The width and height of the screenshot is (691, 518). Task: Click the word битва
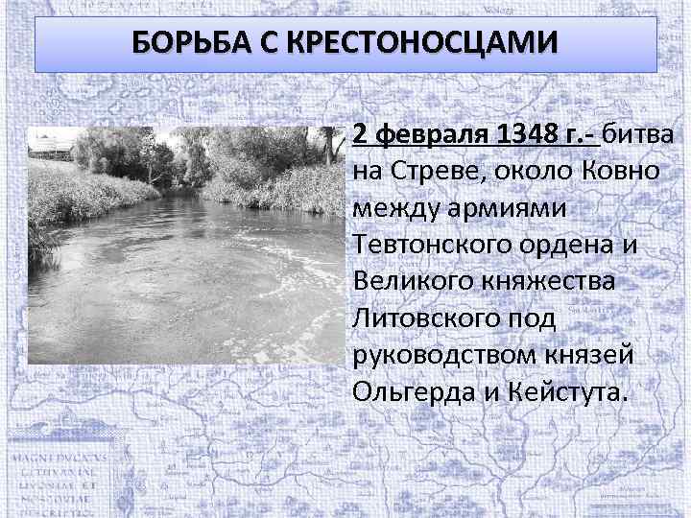(639, 135)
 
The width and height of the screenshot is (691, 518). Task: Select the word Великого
(419, 282)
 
